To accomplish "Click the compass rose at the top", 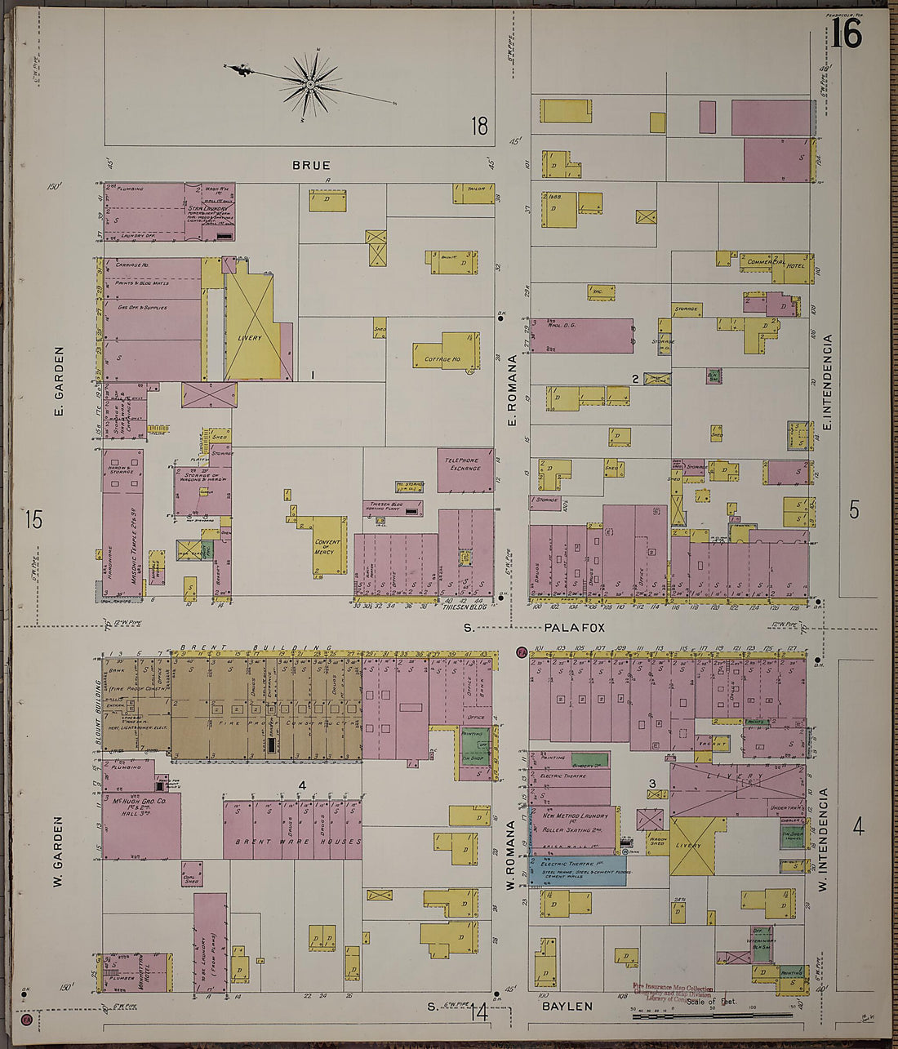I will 310,83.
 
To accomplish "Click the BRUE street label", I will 311,165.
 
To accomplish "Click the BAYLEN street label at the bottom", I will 567,1007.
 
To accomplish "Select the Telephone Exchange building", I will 465,469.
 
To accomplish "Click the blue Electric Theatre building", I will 578,870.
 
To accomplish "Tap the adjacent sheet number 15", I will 33,519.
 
